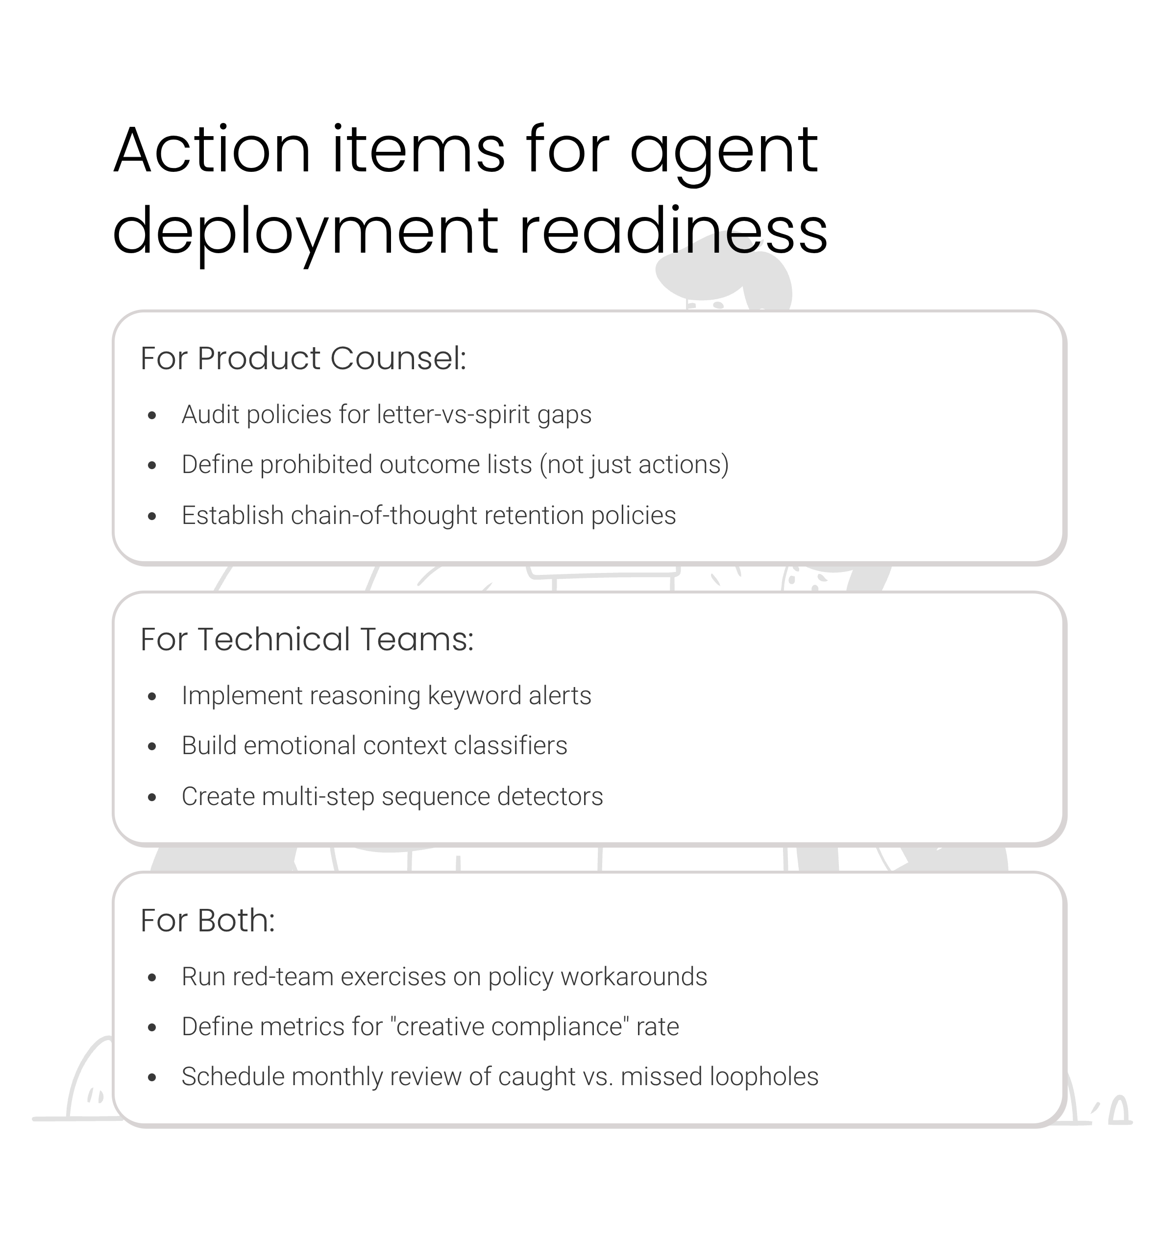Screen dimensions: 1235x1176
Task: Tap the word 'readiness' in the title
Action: tap(673, 232)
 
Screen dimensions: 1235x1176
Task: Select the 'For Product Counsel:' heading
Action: tap(303, 358)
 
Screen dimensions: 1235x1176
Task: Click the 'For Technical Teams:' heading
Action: tap(307, 639)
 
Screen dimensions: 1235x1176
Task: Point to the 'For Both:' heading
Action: tap(207, 921)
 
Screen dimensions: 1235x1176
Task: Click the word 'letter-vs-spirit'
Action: tap(454, 415)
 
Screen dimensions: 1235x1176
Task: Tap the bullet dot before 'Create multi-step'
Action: tap(152, 797)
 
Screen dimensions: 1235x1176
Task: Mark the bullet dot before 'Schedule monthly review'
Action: tap(152, 1078)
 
